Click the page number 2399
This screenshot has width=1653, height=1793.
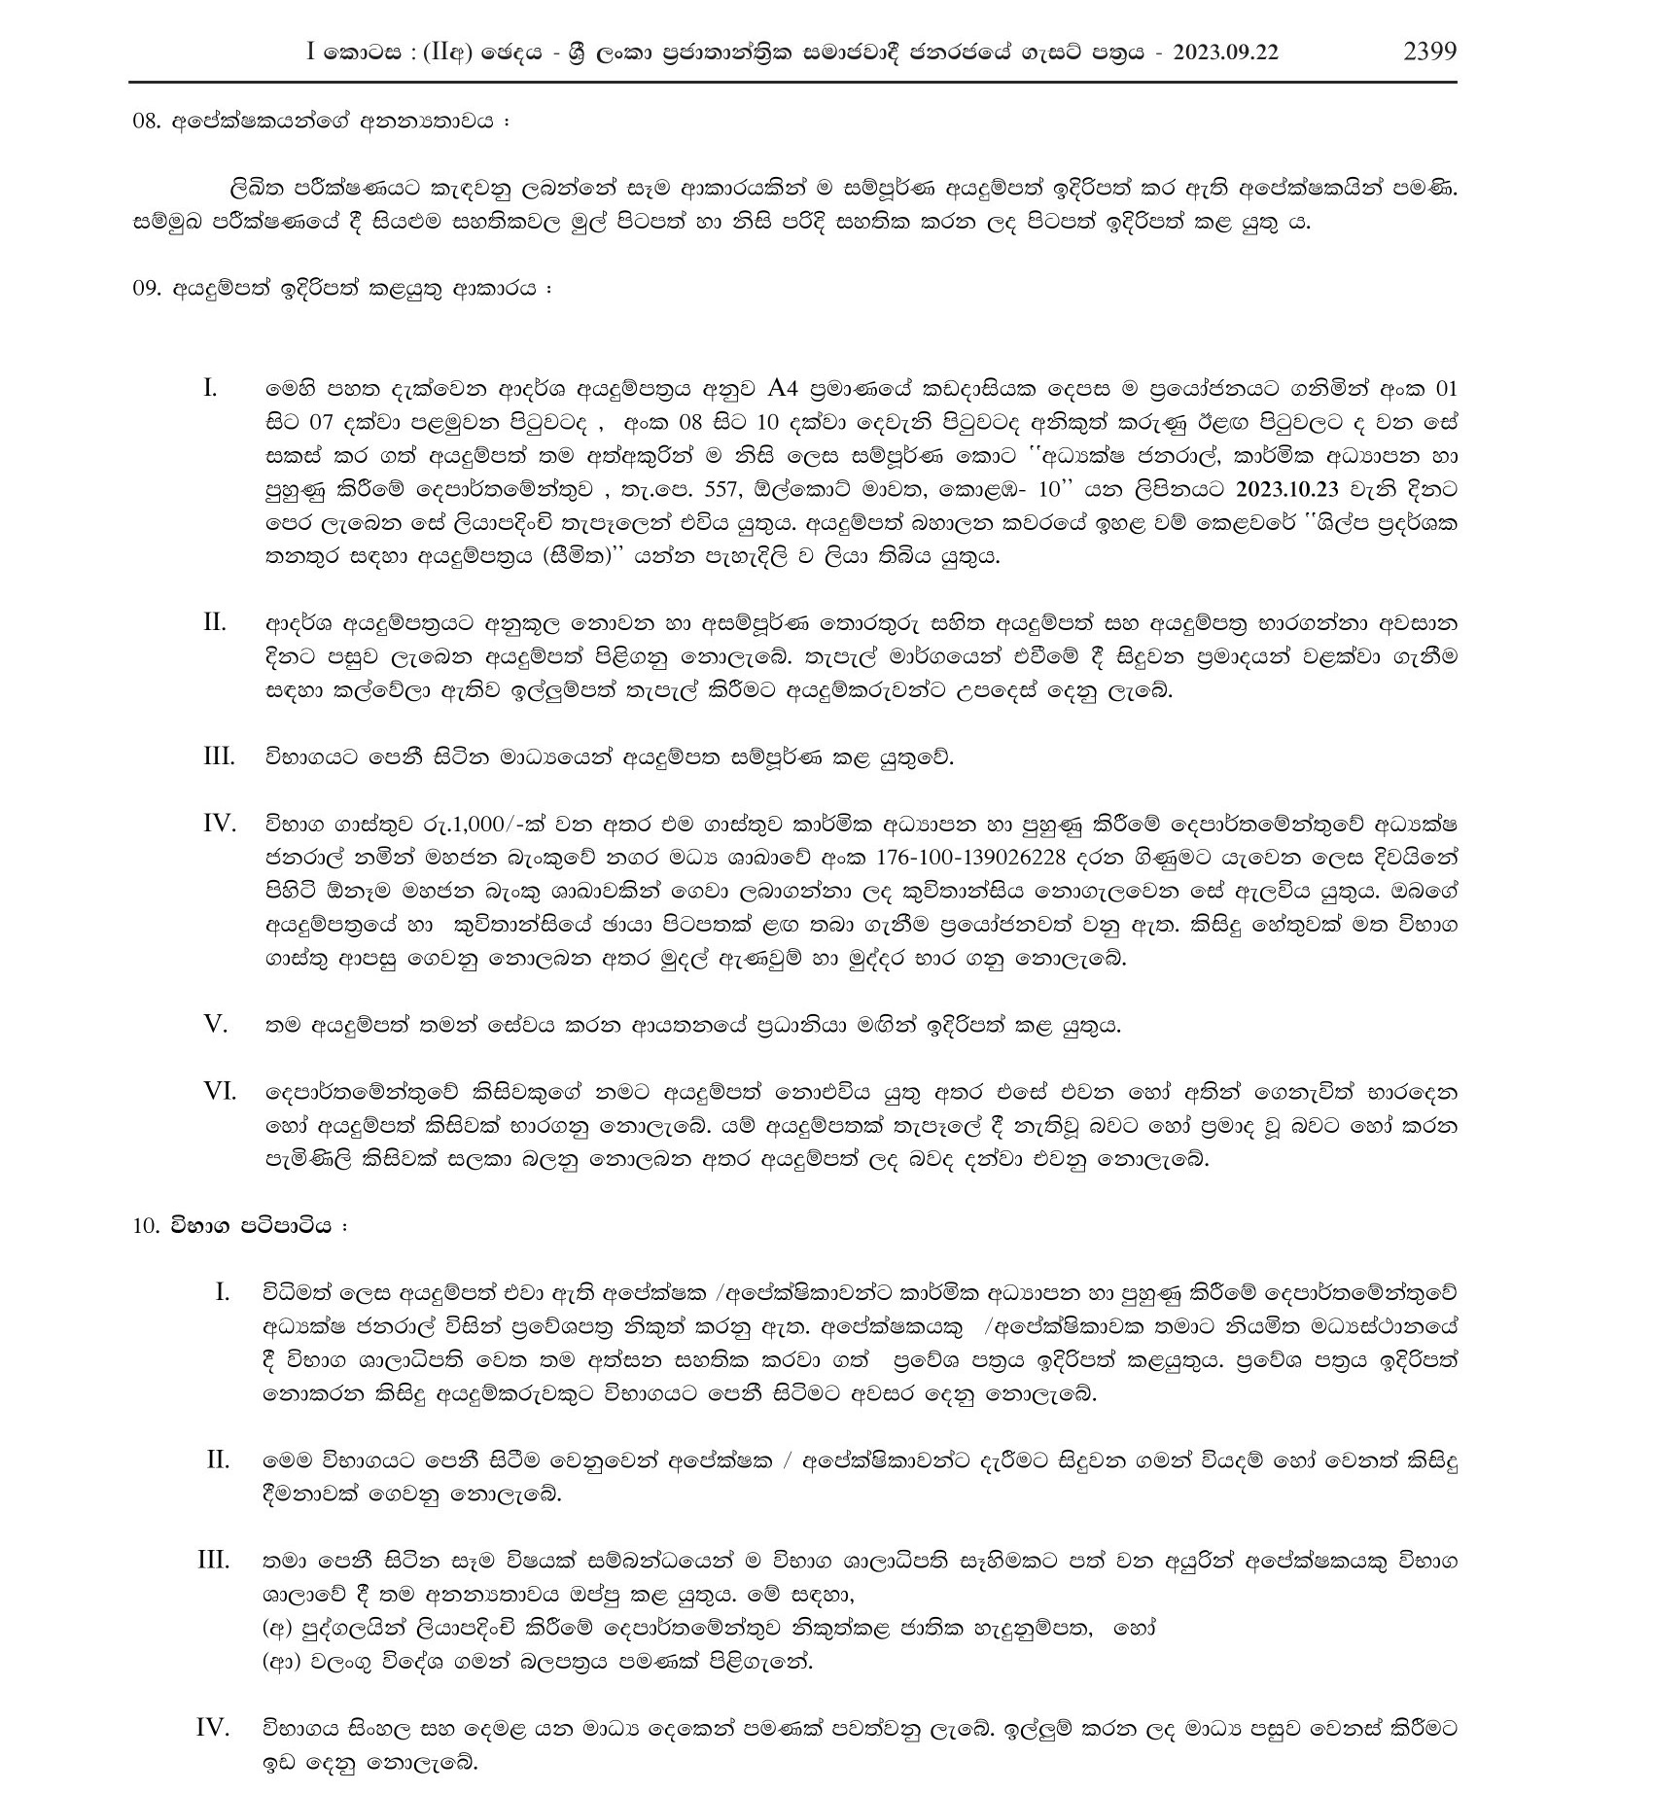tap(1429, 52)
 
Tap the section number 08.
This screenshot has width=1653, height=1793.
tap(146, 123)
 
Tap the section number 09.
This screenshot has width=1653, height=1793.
tap(146, 289)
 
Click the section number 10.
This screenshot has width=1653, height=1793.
tap(146, 1225)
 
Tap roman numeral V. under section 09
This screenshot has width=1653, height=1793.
tap(215, 1024)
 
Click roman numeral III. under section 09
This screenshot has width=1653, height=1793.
tap(219, 756)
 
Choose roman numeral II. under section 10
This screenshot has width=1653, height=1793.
tap(218, 1459)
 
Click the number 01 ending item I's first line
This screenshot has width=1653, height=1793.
tap(1447, 390)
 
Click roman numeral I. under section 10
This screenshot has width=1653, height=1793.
tap(223, 1292)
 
